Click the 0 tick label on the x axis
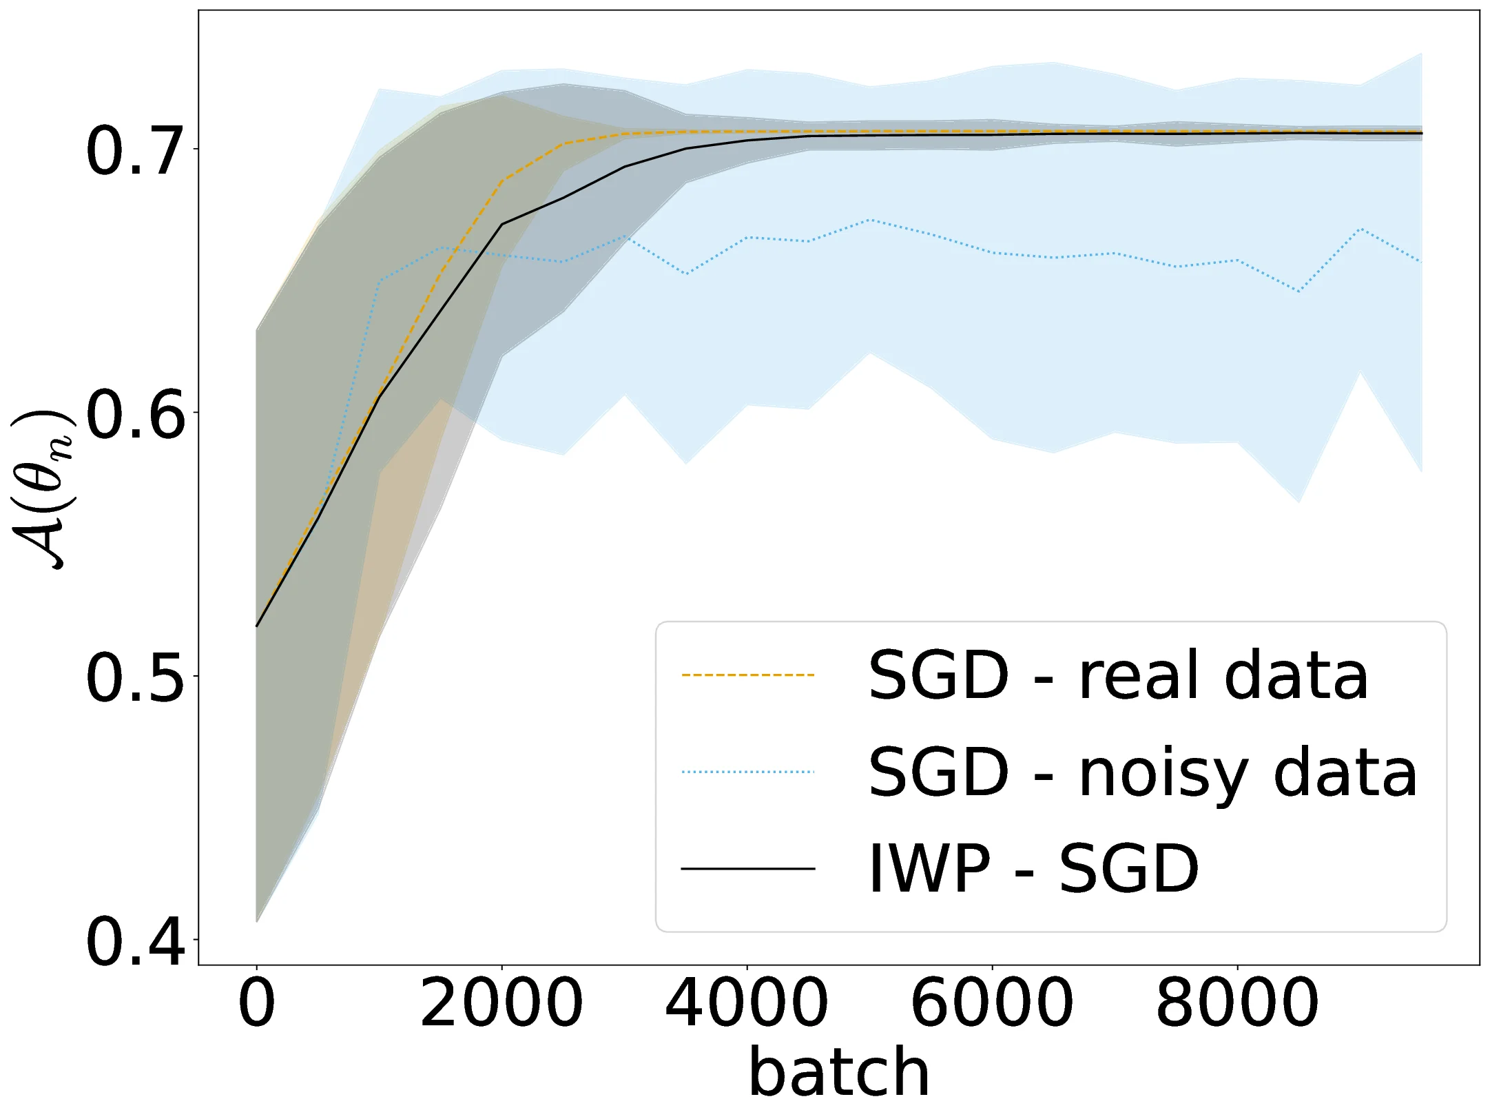pos(256,1003)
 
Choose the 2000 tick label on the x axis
pos(501,1003)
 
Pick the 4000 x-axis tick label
pos(747,1003)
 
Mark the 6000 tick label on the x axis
pos(992,1003)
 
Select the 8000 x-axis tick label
pos(1237,1003)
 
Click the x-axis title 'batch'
pos(839,1072)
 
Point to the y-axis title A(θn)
pos(43,489)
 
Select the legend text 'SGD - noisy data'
pos(1142,772)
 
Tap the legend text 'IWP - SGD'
pos(1033,869)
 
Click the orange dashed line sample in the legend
pos(748,675)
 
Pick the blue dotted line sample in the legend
pos(748,772)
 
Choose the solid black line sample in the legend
pos(748,869)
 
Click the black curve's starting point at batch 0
pos(257,626)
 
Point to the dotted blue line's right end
pos(1422,262)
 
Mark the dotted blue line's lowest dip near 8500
pos(1299,292)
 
